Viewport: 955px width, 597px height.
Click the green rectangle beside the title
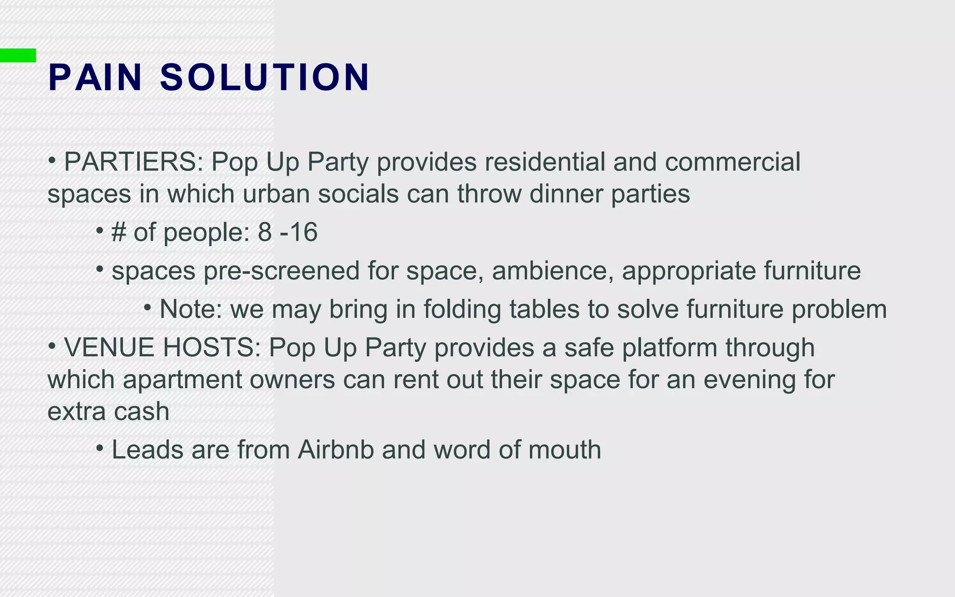(x=18, y=55)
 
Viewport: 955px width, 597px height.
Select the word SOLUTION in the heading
(x=265, y=77)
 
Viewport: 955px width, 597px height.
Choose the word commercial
(x=733, y=162)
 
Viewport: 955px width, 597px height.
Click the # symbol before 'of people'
(x=118, y=232)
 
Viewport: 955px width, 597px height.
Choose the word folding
(x=462, y=309)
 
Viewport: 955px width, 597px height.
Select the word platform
(x=670, y=348)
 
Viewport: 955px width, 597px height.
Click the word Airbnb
(x=336, y=450)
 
